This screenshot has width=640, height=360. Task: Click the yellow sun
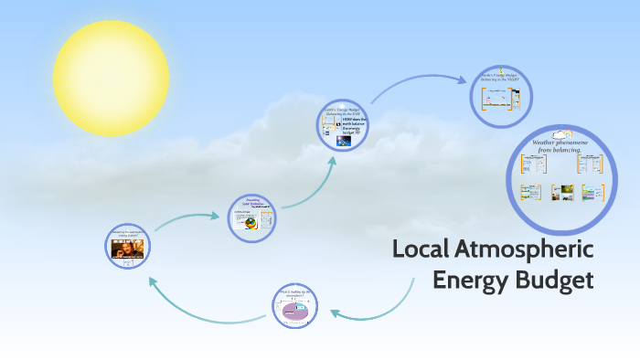(x=111, y=78)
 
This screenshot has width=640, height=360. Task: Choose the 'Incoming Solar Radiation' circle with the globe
(x=251, y=217)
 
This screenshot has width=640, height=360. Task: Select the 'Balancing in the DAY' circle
(x=343, y=125)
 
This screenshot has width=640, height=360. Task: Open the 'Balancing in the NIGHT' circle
(x=501, y=94)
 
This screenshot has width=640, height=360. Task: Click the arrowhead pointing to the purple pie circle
(x=334, y=314)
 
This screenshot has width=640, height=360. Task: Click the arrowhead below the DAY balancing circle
(x=331, y=162)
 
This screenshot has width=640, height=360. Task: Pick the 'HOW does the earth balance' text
(x=355, y=127)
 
